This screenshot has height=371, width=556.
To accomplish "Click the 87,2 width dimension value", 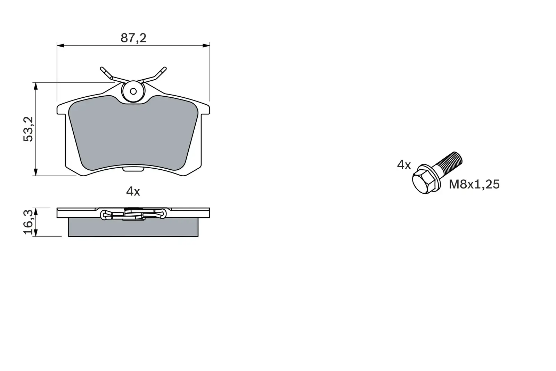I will tap(133, 38).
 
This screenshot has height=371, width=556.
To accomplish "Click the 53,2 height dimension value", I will tap(28, 129).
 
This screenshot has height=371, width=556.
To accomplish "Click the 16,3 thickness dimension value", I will tap(28, 222).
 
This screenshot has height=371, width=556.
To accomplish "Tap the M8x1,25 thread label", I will tap(474, 184).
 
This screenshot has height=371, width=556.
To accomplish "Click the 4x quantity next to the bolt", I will tap(404, 165).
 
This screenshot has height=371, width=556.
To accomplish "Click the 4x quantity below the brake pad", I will tap(133, 191).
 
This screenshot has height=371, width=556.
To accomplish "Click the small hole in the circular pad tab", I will tap(133, 91).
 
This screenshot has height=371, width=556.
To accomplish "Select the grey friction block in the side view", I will tap(133, 228).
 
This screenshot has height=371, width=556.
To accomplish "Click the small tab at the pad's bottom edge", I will tap(133, 169).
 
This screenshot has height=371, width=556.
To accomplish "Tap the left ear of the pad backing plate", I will tap(61, 109).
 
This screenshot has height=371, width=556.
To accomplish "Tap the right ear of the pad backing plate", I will tap(205, 109).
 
